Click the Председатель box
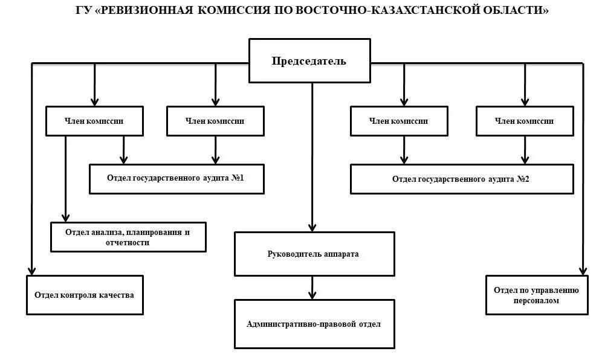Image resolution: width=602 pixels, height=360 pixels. [309, 61]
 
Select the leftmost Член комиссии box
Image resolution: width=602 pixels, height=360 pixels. [95, 121]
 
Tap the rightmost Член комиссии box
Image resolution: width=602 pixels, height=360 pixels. [524, 121]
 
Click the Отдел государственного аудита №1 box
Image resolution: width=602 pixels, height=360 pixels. [176, 179]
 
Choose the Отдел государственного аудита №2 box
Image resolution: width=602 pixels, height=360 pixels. [461, 179]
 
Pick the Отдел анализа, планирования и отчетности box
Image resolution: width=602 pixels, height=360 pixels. [128, 237]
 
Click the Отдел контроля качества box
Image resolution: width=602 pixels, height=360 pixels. [85, 295]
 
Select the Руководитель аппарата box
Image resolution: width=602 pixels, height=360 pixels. [312, 254]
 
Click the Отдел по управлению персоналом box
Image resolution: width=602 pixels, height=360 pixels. [536, 295]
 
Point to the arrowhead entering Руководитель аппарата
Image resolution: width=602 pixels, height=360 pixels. [312, 227]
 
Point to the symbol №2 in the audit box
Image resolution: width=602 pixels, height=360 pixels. [523, 179]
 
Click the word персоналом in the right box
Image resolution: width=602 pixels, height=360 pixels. [536, 300]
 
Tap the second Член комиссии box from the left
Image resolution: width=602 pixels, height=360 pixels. [215, 121]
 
